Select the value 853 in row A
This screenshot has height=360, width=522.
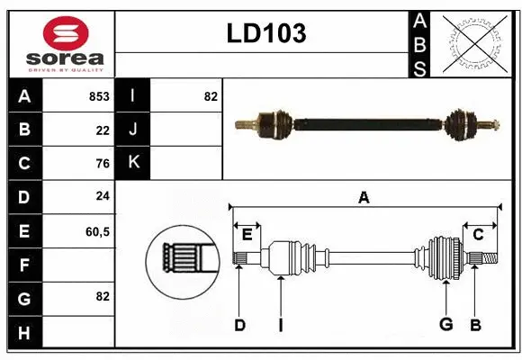99,96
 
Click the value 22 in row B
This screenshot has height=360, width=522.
103,130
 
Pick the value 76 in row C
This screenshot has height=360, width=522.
103,164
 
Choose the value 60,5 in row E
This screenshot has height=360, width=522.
97,231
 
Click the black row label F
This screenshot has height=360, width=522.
24,265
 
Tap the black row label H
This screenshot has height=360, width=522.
24,333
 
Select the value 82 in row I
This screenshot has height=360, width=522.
211,96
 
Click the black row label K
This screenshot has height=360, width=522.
133,164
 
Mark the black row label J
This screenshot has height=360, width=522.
133,130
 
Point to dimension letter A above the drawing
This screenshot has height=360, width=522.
364,198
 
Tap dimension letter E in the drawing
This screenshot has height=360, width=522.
247,235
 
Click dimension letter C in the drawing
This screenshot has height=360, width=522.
478,235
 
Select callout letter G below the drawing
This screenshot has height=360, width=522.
445,325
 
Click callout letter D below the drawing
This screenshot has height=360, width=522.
239,325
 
